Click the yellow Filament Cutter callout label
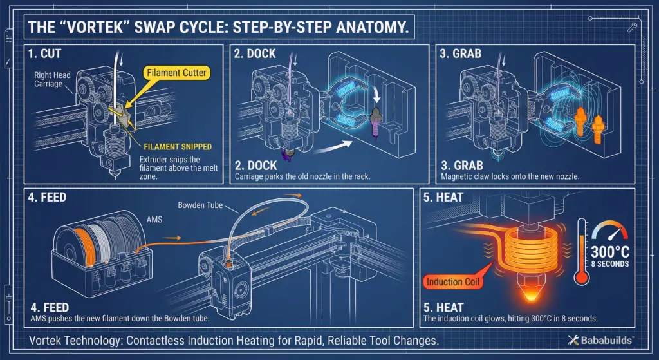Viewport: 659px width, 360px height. (x=176, y=73)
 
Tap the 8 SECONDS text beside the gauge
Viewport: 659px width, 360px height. (x=609, y=263)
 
